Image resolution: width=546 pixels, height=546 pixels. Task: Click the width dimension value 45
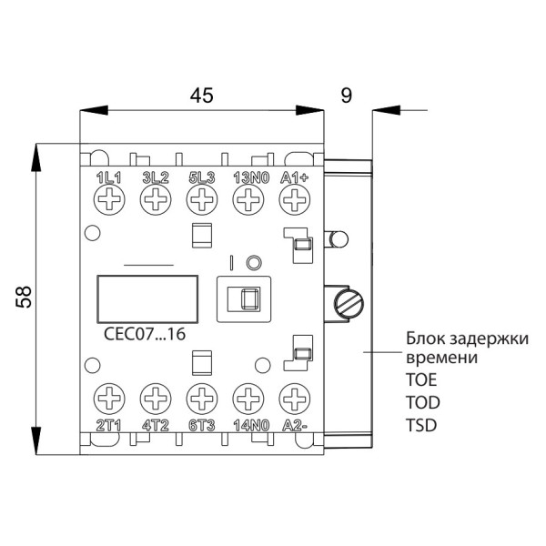pos(201,96)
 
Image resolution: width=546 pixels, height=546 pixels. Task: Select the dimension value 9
pos(346,96)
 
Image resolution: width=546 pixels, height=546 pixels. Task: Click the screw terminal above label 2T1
pos(108,398)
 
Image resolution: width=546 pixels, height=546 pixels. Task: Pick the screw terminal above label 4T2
pos(155,398)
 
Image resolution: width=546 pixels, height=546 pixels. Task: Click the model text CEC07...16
pos(146,334)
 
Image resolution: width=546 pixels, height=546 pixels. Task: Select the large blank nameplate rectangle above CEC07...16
pos(147,297)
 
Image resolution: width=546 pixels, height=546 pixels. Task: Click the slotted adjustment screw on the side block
pos(349,300)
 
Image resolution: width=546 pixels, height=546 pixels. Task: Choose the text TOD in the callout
pos(420,400)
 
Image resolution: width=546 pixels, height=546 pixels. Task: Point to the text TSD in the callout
pos(420,423)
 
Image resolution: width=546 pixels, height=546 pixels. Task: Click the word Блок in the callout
pos(424,339)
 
